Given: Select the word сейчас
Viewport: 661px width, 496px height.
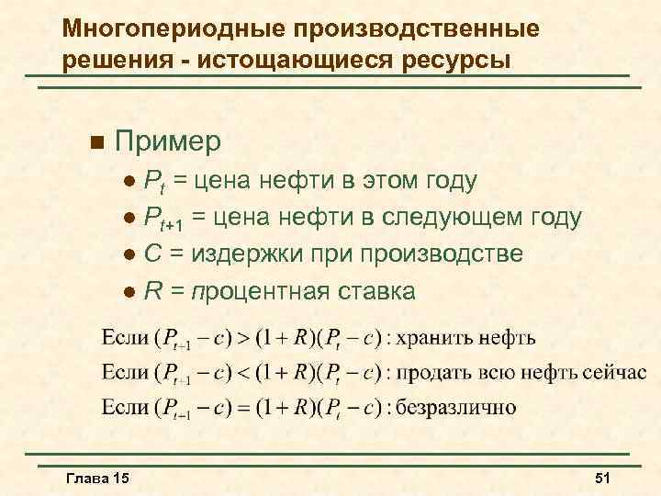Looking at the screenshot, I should [x=615, y=372].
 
